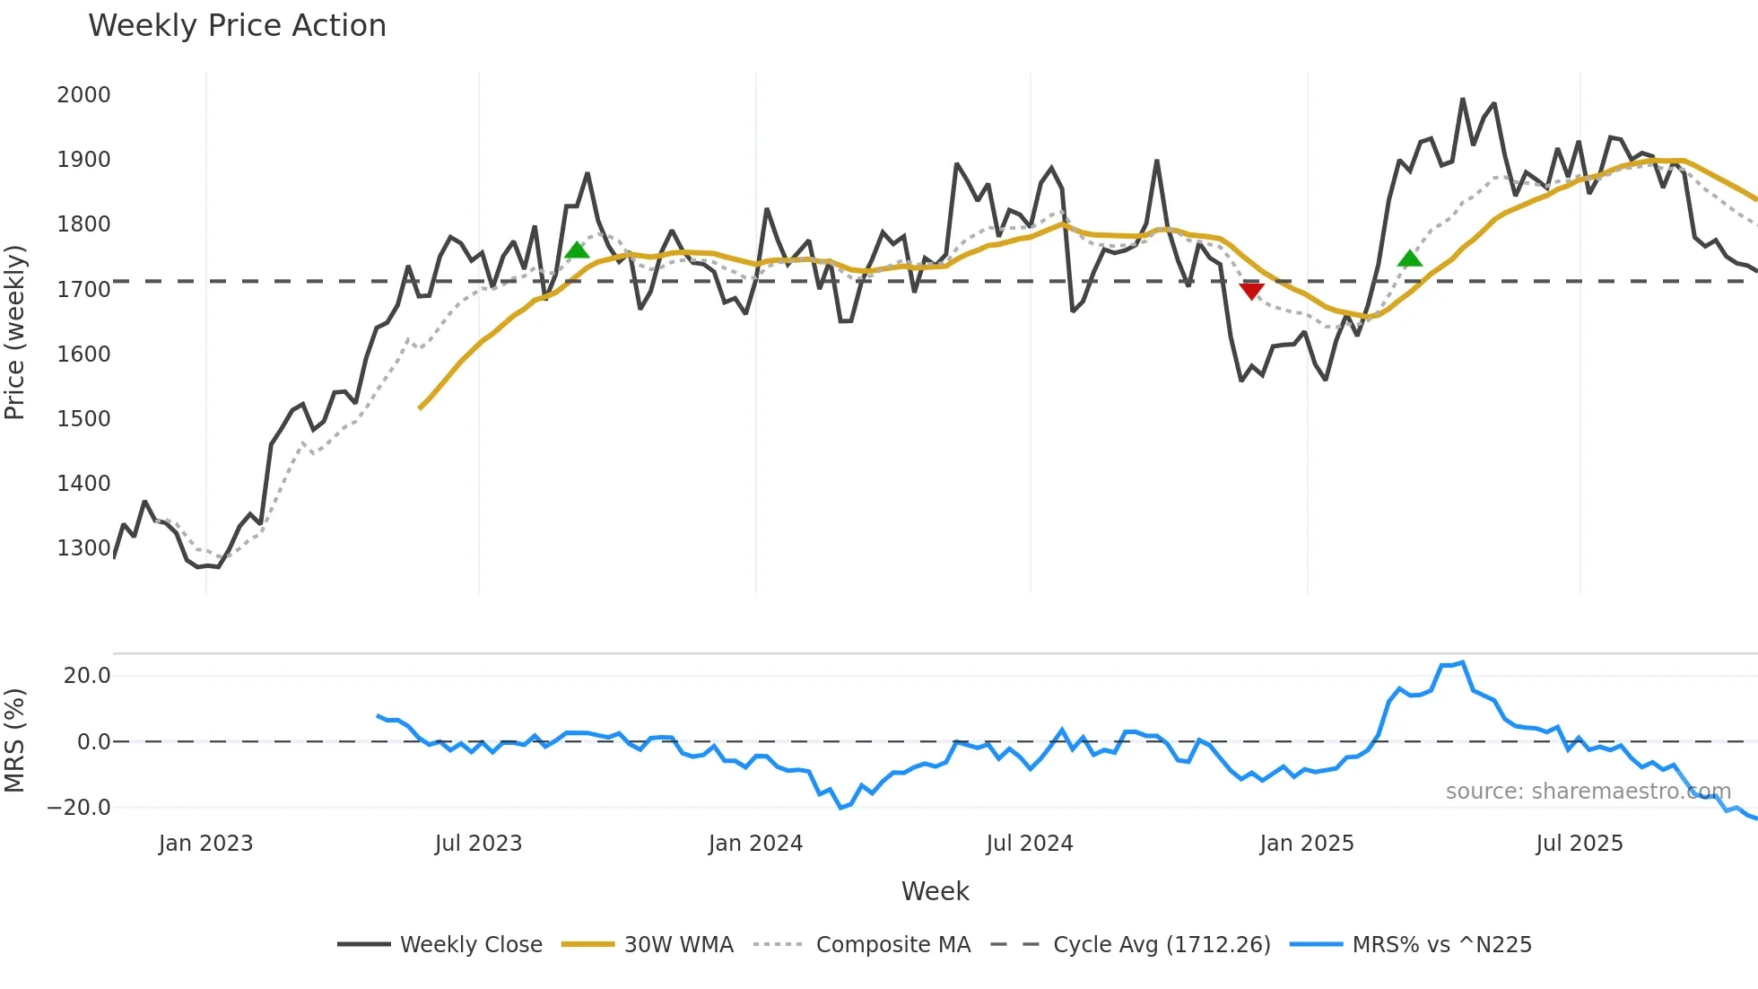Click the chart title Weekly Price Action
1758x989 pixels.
pyautogui.click(x=237, y=26)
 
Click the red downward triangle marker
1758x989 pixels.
pyautogui.click(x=1251, y=291)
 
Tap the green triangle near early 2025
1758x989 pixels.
pyautogui.click(x=1410, y=259)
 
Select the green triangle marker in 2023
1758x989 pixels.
pyautogui.click(x=578, y=250)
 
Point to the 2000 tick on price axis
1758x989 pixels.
pyautogui.click(x=83, y=95)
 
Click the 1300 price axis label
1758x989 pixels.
pyautogui.click(x=83, y=548)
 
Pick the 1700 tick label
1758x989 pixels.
pyautogui.click(x=83, y=290)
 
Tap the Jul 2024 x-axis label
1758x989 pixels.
pyautogui.click(x=1029, y=844)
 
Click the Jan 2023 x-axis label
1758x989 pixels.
pyautogui.click(x=205, y=844)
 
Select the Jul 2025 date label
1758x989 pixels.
pyautogui.click(x=1579, y=844)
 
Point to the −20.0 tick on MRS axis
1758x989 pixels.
pyautogui.click(x=79, y=808)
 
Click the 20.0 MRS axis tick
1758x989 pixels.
pyautogui.click(x=86, y=676)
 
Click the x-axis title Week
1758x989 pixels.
pyautogui.click(x=935, y=891)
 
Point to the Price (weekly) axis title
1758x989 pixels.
pyautogui.click(x=14, y=332)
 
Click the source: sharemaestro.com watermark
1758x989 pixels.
pyautogui.click(x=1588, y=792)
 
